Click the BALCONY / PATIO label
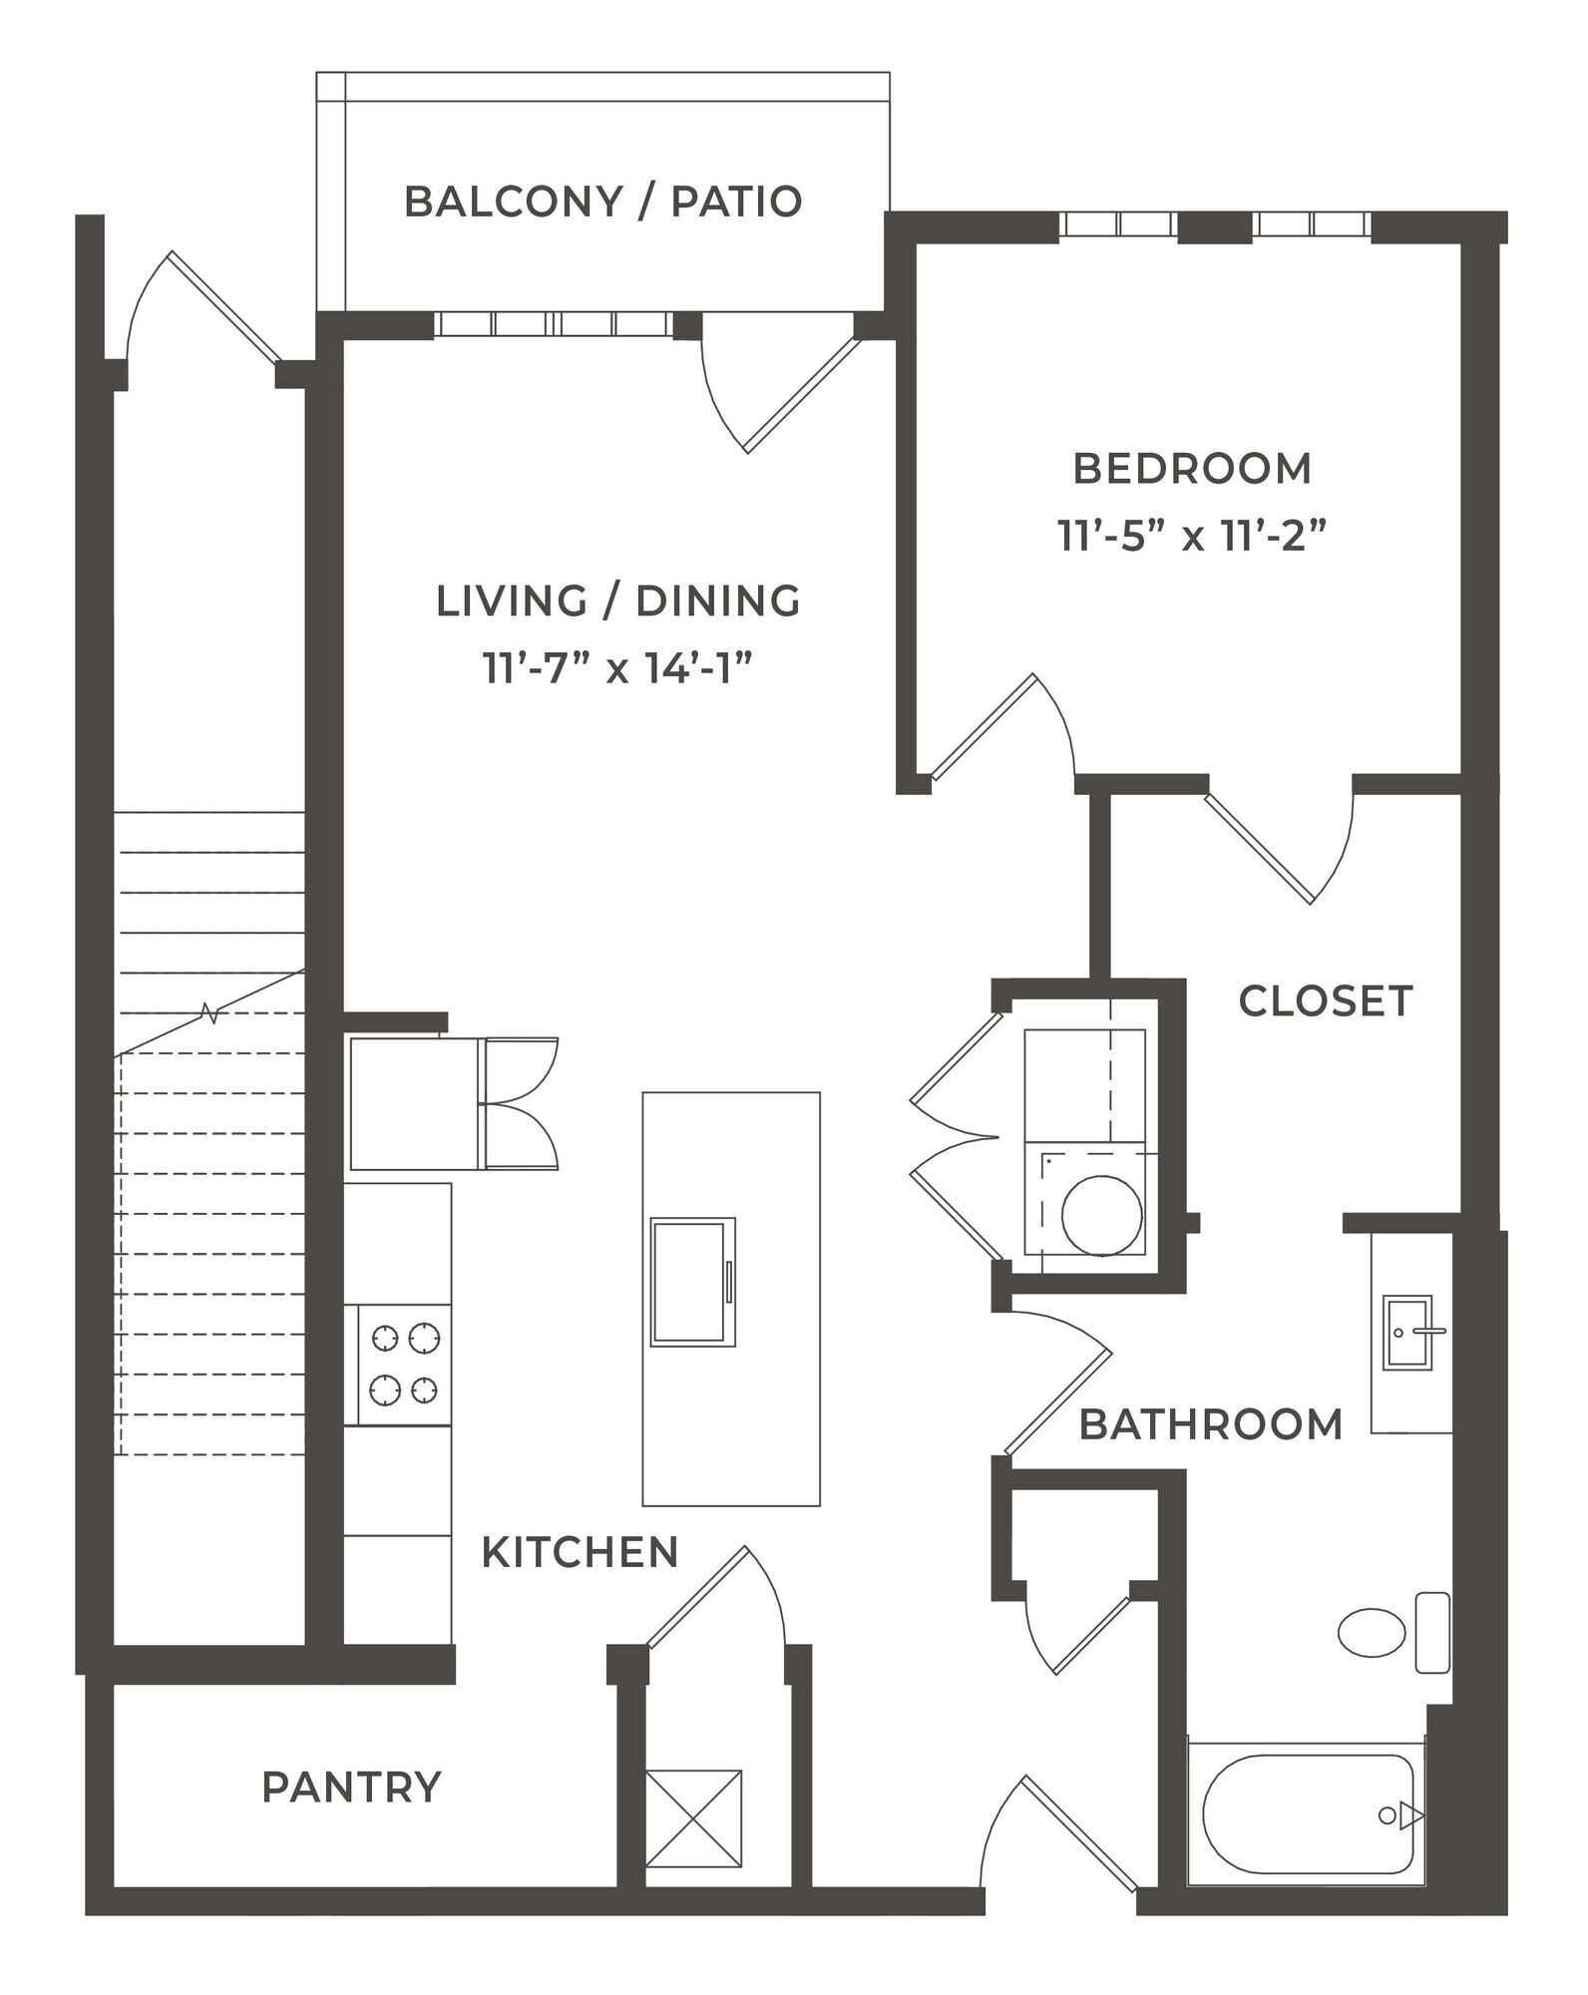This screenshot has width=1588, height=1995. click(x=602, y=201)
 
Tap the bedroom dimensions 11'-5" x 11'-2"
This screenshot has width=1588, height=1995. click(x=1192, y=538)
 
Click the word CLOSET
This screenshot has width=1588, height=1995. click(x=1325, y=1001)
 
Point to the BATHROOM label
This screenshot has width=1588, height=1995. click(x=1210, y=1424)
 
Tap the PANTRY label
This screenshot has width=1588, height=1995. click(x=351, y=1788)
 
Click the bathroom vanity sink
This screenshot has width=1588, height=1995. click(x=1406, y=1332)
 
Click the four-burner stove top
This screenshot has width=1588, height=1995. click(x=405, y=1364)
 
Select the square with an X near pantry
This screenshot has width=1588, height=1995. click(x=693, y=1817)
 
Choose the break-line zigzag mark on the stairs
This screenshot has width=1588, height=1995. click(x=209, y=1014)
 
